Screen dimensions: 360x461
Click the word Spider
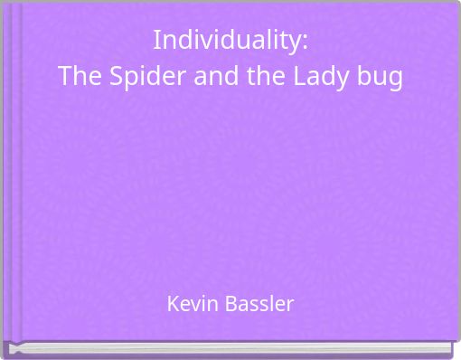click(x=136, y=78)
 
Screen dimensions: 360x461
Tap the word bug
click(x=380, y=79)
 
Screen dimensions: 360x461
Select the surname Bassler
click(x=257, y=304)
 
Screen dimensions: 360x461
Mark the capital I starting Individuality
click(x=156, y=41)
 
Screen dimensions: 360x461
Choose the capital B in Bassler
click(x=227, y=304)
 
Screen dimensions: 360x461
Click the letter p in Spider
click(x=127, y=80)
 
